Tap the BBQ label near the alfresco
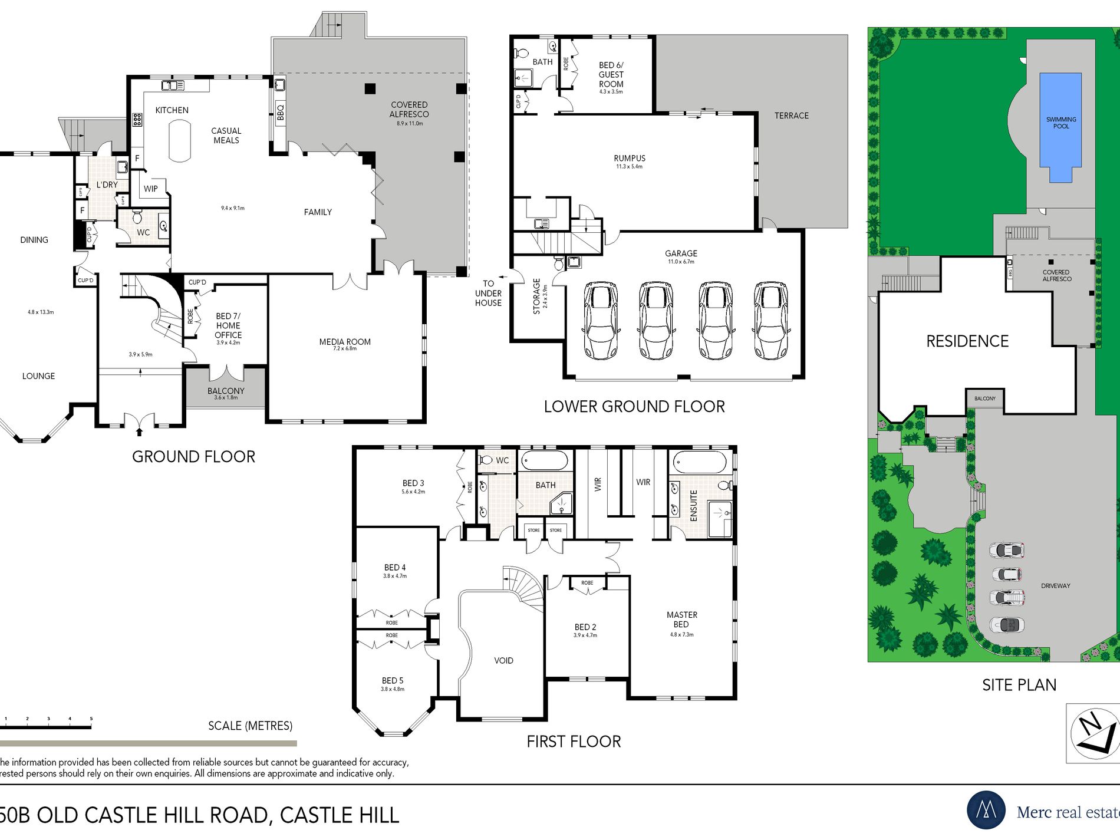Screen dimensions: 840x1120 [x=281, y=111]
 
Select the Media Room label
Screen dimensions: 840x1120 [x=345, y=342]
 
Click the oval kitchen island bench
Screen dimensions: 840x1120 [x=179, y=141]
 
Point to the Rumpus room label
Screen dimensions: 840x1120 [x=630, y=159]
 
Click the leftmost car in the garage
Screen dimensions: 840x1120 [x=600, y=320]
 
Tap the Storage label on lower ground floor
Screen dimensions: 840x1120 [x=536, y=296]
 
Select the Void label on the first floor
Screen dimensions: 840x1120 [x=503, y=661]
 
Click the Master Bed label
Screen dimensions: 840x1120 [x=681, y=620]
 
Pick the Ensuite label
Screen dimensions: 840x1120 [x=694, y=505]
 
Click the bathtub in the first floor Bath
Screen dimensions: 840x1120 [x=545, y=460]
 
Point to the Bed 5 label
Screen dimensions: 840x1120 [x=393, y=681]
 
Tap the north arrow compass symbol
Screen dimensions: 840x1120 [x=1094, y=733]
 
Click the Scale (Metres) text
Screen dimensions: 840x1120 [x=250, y=726]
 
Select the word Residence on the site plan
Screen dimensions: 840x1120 [x=967, y=341]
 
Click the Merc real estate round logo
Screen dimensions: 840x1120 [x=986, y=811]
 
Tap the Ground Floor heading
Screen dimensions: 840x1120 [x=193, y=457]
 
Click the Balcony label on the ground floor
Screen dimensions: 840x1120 [x=226, y=391]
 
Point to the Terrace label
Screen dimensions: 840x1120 [x=791, y=116]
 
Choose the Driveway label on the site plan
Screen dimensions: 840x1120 [x=1055, y=586]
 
